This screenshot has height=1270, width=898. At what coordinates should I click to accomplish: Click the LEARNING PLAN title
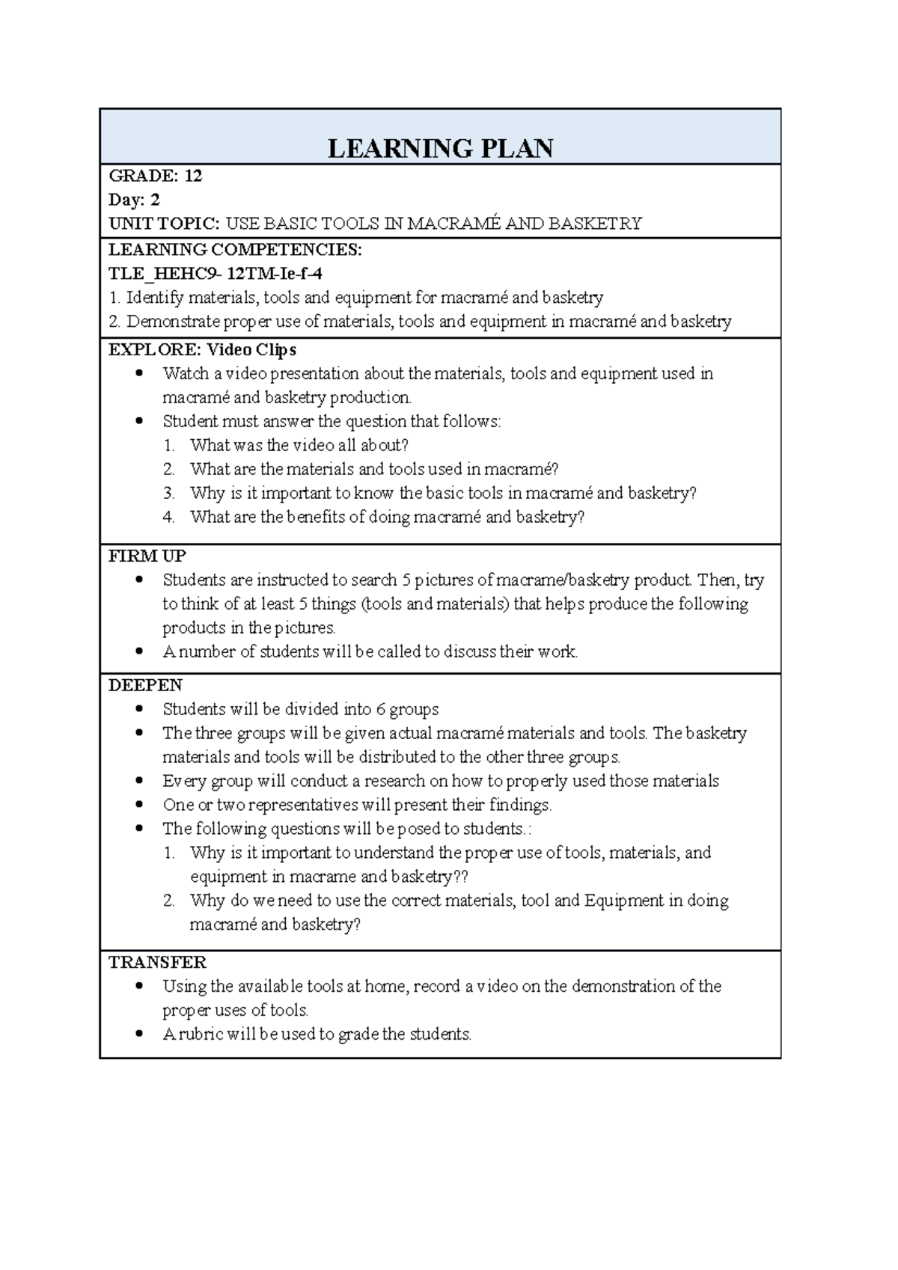point(440,148)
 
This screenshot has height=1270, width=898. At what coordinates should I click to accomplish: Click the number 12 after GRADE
point(193,176)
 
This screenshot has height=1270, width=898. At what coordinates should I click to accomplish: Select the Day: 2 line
point(134,200)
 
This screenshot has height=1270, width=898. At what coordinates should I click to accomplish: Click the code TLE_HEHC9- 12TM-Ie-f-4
point(216,273)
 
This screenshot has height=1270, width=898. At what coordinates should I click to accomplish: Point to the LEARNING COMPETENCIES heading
point(235,249)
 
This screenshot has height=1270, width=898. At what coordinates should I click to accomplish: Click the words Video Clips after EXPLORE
point(251,349)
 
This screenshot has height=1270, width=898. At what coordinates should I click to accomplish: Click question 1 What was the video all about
point(299,445)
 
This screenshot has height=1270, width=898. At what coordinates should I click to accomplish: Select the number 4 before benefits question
point(168,517)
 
